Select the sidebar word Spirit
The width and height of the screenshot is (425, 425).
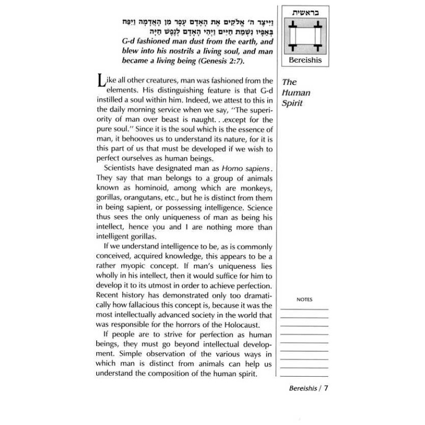(x=292, y=103)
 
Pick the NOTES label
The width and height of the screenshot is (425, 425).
(x=304, y=300)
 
